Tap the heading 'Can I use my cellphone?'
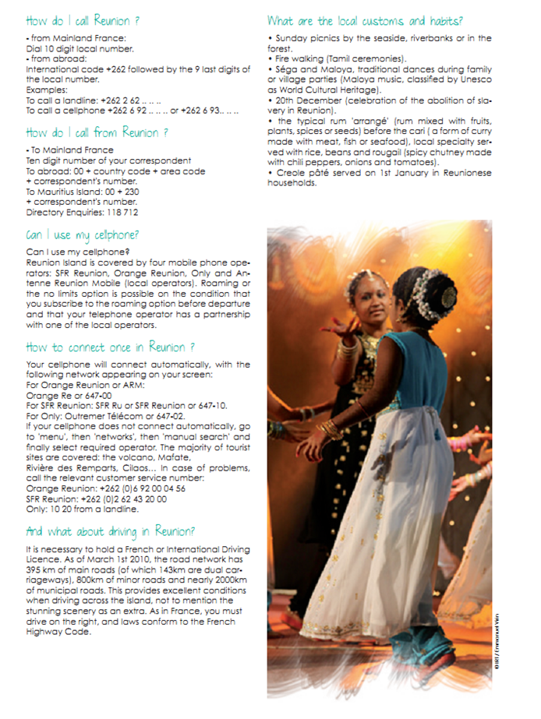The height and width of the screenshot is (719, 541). (x=83, y=234)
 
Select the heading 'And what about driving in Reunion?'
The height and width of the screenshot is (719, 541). (x=110, y=531)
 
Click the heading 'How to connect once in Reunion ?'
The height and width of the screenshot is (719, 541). (x=110, y=347)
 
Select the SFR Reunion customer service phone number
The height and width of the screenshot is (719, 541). (x=129, y=499)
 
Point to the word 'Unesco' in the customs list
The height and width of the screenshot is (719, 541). (x=476, y=80)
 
